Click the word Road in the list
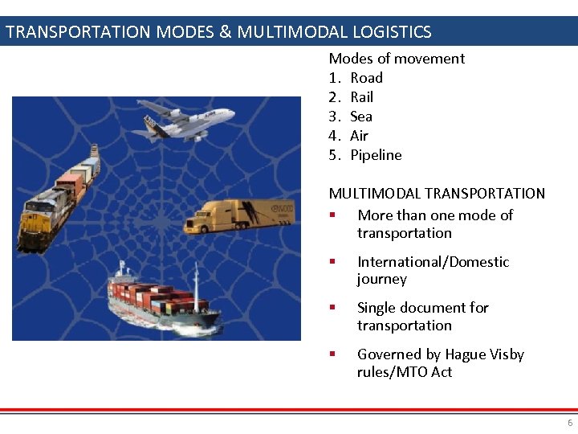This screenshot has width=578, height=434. [x=366, y=78]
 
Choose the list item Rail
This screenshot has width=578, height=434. [x=361, y=97]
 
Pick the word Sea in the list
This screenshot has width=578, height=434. [x=361, y=117]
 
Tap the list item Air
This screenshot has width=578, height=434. [x=359, y=136]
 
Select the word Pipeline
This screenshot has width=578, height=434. [x=376, y=155]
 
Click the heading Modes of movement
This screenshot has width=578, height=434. [x=397, y=59]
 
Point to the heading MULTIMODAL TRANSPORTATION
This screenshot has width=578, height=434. [x=437, y=194]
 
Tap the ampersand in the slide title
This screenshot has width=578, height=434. [x=225, y=33]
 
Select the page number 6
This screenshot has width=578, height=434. [x=570, y=423]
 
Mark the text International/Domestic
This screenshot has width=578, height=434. [x=433, y=262]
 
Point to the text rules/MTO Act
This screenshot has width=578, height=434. [x=404, y=372]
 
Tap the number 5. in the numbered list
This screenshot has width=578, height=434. [x=335, y=155]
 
